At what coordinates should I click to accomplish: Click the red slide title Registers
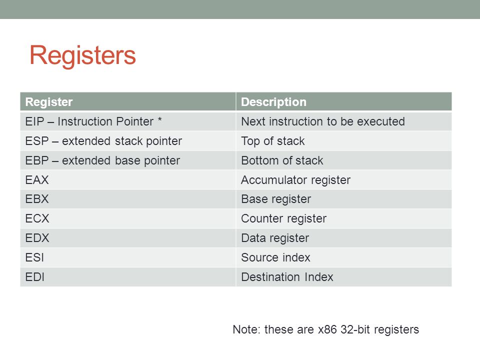pos(82,55)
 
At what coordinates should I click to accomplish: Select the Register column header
pos(49,102)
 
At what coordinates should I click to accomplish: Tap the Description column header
pos(273,102)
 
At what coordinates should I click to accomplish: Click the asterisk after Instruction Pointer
pos(160,119)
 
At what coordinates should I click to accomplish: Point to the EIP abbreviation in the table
pos(35,121)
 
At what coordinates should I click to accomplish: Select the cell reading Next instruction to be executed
pos(323,121)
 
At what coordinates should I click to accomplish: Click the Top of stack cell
pos(273,141)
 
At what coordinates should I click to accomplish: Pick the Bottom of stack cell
pos(282,160)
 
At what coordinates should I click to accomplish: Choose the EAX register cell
pos(37,179)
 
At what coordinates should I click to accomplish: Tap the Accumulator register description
pos(295,180)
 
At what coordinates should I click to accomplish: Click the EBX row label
pos(37,199)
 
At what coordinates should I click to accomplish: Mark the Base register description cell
pos(276,199)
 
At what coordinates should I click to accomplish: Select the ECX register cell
pos(37,218)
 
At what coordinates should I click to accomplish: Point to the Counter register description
pos(284,218)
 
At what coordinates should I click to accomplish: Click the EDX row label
pos(37,238)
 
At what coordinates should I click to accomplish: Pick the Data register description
pos(275,238)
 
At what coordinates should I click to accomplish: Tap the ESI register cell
pos(34,257)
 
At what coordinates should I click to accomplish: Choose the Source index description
pos(275,257)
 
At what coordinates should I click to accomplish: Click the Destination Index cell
pos(287,277)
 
